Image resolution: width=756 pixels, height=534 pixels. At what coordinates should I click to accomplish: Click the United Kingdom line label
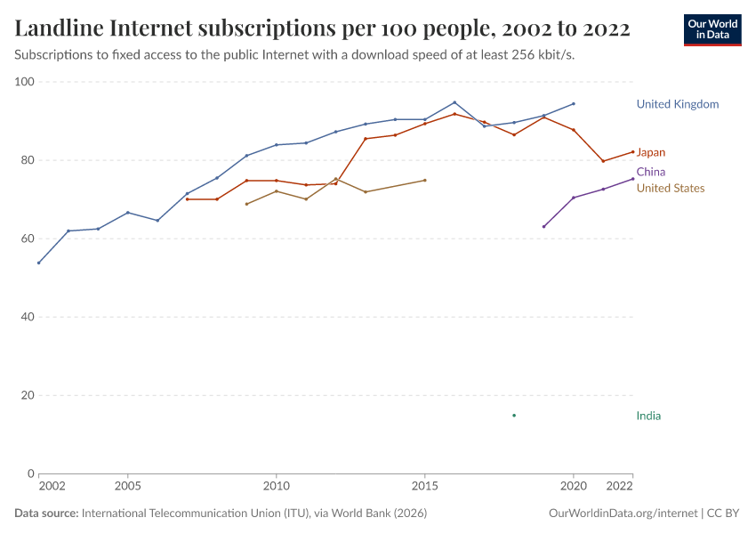point(677,104)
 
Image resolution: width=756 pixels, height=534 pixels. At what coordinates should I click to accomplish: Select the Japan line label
point(650,152)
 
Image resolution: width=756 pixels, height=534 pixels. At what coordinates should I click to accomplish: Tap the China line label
point(650,172)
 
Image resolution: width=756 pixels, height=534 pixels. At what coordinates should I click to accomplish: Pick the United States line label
point(670,188)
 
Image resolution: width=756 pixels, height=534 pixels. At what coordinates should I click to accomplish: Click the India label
point(648,416)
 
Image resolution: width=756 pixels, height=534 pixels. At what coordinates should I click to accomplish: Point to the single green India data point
point(514,416)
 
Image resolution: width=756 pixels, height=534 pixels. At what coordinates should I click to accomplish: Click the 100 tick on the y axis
point(24,82)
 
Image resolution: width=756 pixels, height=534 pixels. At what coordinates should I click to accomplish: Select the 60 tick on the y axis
point(27,239)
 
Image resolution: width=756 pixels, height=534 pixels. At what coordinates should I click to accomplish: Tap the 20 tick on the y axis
point(27,395)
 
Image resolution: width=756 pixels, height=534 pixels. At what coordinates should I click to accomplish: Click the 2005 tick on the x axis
point(128,487)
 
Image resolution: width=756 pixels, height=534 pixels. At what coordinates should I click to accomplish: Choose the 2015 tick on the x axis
point(425,487)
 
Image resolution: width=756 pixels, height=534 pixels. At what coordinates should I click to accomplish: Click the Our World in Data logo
point(712,29)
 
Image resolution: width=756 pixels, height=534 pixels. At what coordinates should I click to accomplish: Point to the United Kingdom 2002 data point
point(39,263)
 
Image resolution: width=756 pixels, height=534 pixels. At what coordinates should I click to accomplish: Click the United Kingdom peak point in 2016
point(454,102)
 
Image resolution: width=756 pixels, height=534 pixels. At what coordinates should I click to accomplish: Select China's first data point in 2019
point(543,226)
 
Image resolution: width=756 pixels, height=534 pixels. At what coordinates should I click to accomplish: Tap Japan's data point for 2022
point(632,151)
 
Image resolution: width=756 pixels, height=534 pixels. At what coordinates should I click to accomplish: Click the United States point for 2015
point(425,181)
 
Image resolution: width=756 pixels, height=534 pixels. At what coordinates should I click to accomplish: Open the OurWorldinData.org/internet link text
point(623,514)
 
